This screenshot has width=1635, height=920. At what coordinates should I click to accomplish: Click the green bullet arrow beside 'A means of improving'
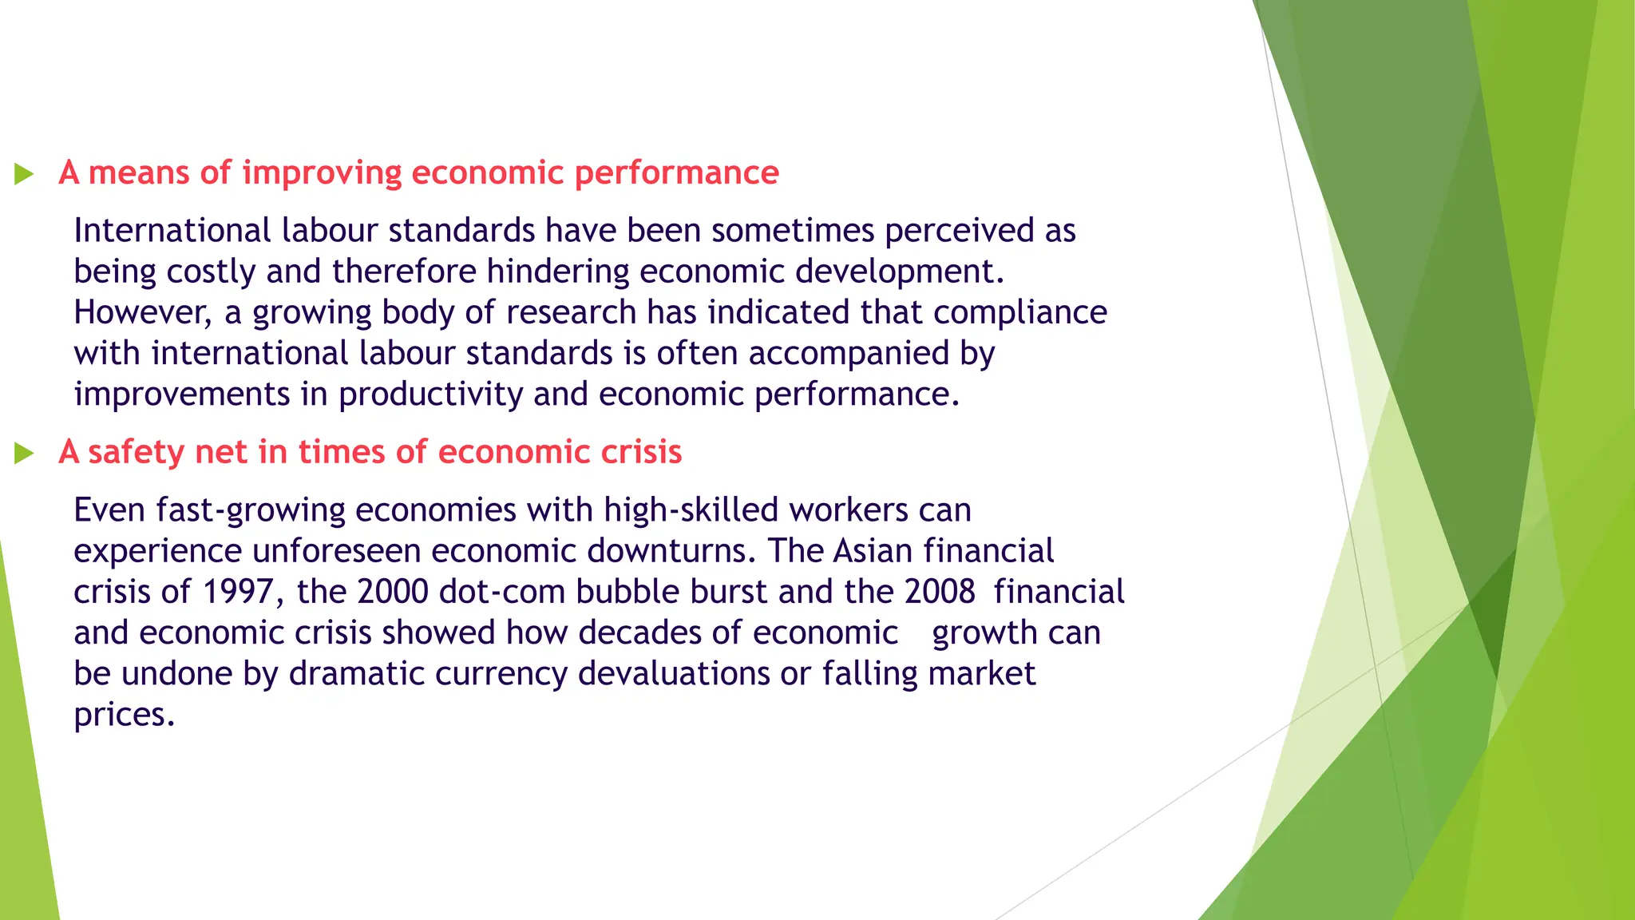[x=24, y=173]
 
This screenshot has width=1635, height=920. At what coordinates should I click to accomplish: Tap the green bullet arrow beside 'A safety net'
[x=24, y=454]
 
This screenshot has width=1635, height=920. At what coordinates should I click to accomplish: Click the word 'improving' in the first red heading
[x=322, y=173]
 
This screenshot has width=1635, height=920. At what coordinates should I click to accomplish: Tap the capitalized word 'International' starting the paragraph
[x=172, y=231]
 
